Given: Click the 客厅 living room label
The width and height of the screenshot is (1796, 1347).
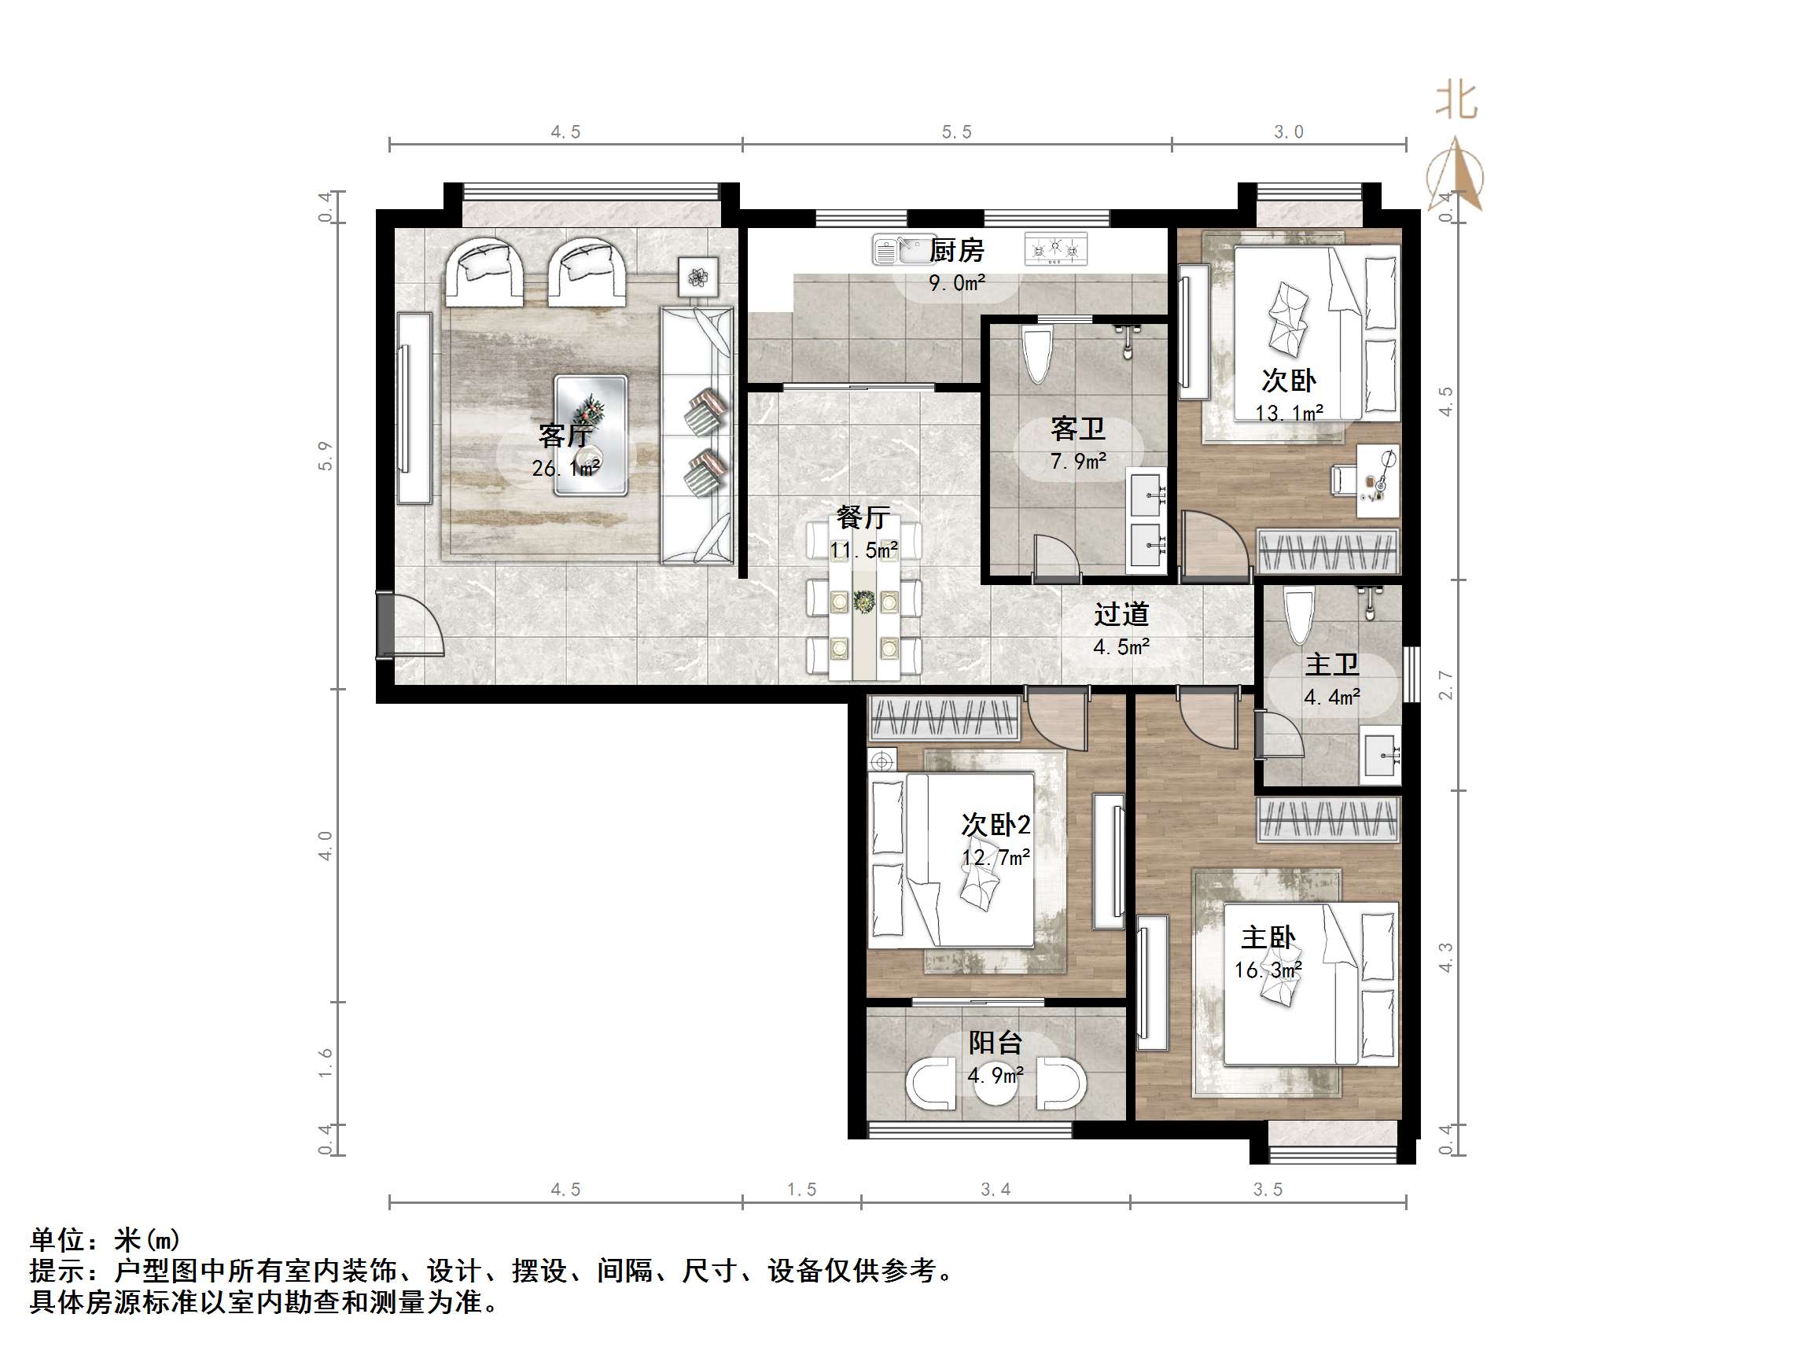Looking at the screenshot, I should tap(565, 436).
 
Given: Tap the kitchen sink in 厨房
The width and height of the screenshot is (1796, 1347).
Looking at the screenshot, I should tap(904, 250).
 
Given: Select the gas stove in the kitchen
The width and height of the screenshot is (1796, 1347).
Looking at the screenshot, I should tap(1055, 249).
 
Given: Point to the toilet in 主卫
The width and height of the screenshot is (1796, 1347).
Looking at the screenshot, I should tap(1298, 616).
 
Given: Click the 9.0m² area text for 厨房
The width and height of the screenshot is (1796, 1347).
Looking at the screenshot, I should tap(956, 283).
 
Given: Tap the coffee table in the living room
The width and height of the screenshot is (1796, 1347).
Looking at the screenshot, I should tap(591, 435).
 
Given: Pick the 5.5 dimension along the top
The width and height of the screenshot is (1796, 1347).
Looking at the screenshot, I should tap(956, 131).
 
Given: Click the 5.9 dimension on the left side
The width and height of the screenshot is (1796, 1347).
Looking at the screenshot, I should tap(325, 455).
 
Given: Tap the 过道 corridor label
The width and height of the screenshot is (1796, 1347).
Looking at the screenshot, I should tap(1121, 615).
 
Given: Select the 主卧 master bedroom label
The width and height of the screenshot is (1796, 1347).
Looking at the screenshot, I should tap(1268, 938).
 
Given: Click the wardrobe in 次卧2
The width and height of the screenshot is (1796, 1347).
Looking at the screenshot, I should tap(943, 719).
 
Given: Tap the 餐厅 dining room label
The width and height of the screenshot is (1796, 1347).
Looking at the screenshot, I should tap(863, 517).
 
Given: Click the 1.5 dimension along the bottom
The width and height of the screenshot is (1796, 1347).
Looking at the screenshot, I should tap(801, 1190).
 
